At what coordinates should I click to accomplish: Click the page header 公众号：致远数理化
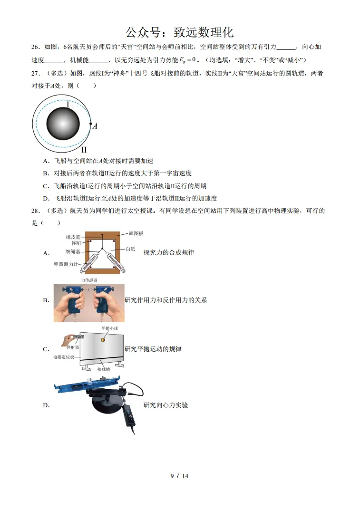(x=179, y=32)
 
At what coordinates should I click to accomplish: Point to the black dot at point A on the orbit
(x=90, y=123)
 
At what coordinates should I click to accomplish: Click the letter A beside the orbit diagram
(x=95, y=126)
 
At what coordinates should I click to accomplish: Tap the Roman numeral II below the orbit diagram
(x=83, y=150)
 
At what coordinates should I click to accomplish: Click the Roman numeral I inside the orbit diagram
(x=68, y=105)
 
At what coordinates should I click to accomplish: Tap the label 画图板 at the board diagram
(x=136, y=233)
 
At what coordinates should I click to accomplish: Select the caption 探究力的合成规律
(x=168, y=253)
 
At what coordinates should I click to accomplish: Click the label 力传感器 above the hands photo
(x=89, y=280)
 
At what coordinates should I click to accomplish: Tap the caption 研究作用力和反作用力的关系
(x=165, y=300)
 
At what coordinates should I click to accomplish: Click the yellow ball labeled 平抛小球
(x=103, y=339)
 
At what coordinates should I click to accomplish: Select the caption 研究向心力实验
(x=165, y=405)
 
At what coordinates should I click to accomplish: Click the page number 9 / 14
(x=179, y=476)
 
